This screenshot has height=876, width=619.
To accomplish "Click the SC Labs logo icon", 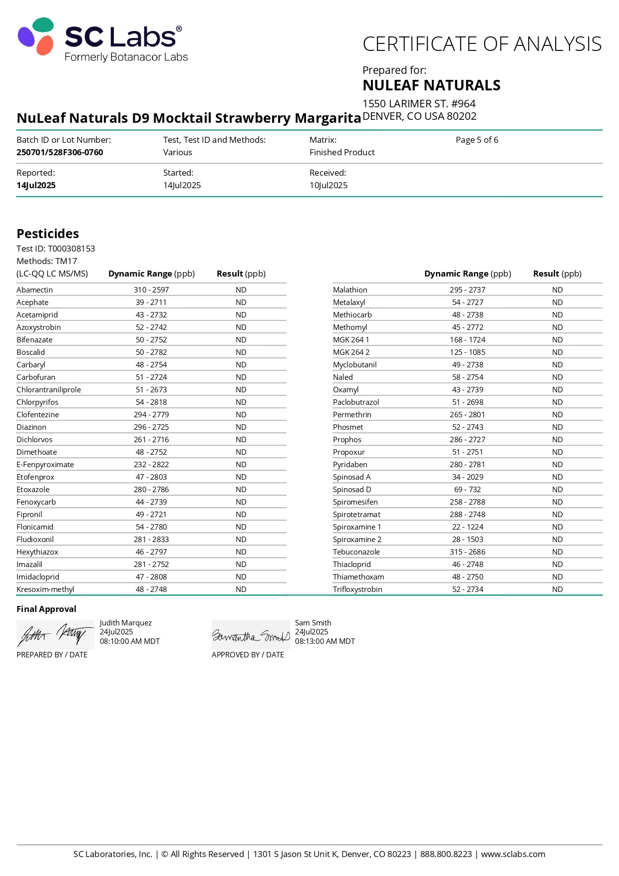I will point(36,36).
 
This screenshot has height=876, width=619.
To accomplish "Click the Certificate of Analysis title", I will point(482,44).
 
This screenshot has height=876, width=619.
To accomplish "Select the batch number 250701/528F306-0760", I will point(60,152).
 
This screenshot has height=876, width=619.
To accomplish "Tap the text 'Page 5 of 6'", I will point(477,140).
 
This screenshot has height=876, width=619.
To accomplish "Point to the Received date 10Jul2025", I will point(328,185).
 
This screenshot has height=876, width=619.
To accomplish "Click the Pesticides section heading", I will point(48,234).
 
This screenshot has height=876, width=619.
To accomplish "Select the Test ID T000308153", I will point(71,249).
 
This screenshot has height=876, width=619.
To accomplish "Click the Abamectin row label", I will point(34,290).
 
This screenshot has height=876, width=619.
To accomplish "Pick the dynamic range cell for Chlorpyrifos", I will point(151,402).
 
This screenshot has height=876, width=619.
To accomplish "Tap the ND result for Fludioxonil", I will point(241,540).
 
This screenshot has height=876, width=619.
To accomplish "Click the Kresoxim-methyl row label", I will point(45,589).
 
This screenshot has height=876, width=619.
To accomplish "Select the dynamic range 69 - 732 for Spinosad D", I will point(468,490).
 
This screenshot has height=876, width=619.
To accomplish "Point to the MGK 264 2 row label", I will point(351,352).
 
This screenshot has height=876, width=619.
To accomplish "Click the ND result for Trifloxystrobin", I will point(558,589).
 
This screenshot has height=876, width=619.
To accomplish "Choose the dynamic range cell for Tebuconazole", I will point(468,552).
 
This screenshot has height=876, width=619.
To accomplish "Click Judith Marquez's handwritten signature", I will point(55,634).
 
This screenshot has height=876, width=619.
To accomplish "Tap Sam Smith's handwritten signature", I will point(251,635).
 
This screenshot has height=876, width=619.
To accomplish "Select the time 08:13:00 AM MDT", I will point(325,641).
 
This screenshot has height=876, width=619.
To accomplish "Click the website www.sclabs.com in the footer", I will point(513,854).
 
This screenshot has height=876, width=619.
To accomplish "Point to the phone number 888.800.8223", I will point(446,854).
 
